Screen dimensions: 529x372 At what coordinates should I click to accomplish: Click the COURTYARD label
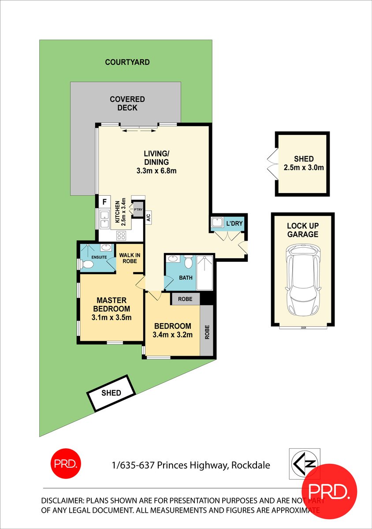[127, 62]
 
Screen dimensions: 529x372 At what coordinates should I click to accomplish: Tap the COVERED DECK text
[127, 104]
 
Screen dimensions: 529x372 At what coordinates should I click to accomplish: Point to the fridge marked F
[104, 202]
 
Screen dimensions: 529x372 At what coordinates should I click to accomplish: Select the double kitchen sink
[104, 220]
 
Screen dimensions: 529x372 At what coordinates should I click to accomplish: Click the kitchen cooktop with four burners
[122, 236]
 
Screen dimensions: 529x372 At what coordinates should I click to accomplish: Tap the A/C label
[149, 217]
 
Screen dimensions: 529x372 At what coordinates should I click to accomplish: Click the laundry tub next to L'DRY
[217, 224]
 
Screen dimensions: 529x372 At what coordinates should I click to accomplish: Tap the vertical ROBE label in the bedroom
[207, 332]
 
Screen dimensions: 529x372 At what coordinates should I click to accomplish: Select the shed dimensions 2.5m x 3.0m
[303, 167]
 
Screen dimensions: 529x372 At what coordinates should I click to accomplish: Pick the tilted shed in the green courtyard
[111, 393]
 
